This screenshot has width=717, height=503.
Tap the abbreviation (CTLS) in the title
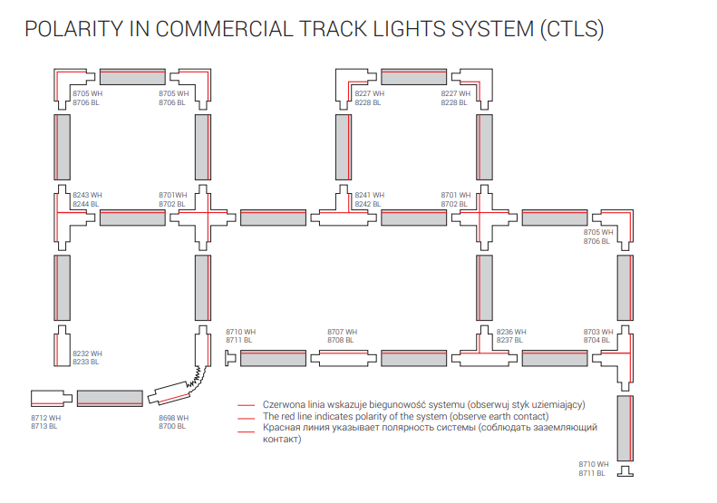pyautogui.click(x=571, y=29)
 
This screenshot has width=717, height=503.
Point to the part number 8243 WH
pyautogui.click(x=87, y=195)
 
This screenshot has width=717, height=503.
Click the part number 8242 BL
pyautogui.click(x=369, y=204)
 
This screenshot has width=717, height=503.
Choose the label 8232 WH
pyautogui.click(x=87, y=353)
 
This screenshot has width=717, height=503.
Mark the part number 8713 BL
pyautogui.click(x=45, y=427)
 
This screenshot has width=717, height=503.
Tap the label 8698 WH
pyautogui.click(x=173, y=419)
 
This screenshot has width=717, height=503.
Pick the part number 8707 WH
pyautogui.click(x=343, y=332)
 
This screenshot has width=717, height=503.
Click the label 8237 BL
pyautogui.click(x=511, y=340)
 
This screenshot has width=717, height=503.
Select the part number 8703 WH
pyautogui.click(x=598, y=332)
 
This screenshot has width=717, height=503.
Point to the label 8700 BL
pyautogui.click(x=172, y=427)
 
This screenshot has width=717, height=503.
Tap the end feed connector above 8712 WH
pyautogui.click(x=51, y=396)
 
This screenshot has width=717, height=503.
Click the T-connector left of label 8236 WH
pyautogui.click(x=479, y=351)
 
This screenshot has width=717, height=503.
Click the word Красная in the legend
pyautogui.click(x=283, y=428)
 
